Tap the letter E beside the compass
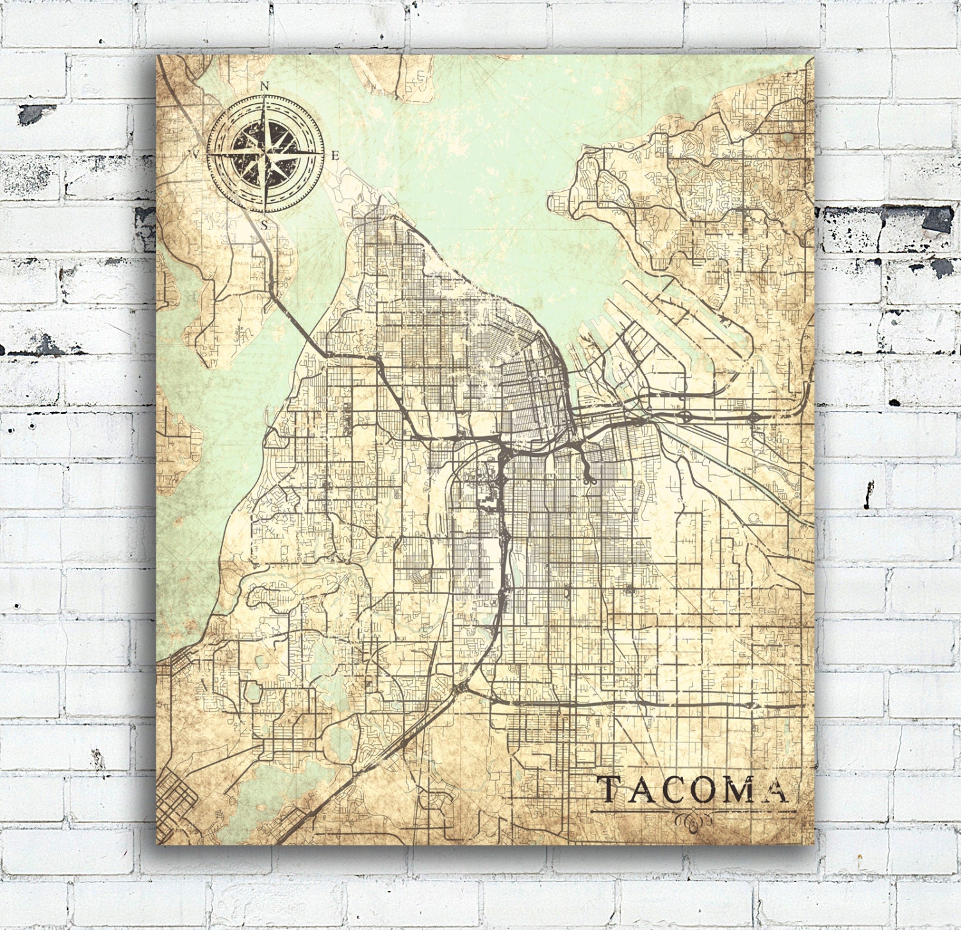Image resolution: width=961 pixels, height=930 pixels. [x=334, y=156]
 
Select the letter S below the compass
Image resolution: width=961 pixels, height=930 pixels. [x=264, y=225]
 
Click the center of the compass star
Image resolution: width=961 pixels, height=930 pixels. [x=265, y=154]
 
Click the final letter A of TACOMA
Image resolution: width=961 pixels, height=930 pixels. [x=776, y=790]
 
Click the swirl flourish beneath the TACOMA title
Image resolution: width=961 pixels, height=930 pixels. [x=694, y=820]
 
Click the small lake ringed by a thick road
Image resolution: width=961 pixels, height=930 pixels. [x=254, y=692]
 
